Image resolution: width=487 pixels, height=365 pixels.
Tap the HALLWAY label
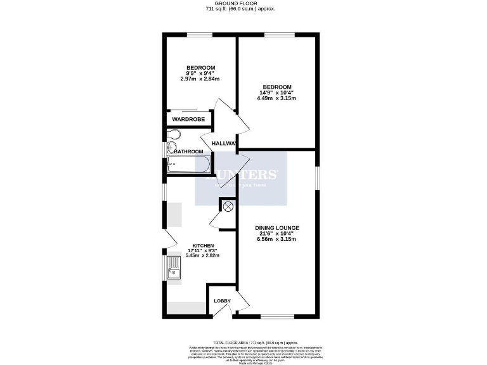(224, 143)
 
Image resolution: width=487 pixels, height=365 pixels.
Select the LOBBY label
(222, 300)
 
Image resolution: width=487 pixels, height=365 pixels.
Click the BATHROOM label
(188, 151)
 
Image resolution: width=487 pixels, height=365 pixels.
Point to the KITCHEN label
(203, 245)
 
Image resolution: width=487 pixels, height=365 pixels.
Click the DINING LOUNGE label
(277, 227)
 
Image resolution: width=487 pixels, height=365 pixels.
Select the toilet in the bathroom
(174, 134)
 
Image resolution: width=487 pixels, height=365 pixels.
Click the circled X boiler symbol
(228, 206)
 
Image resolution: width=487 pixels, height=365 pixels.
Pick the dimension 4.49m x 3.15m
(276, 98)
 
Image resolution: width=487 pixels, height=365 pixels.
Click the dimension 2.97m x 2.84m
(200, 79)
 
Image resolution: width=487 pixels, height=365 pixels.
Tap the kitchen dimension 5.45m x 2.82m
(202, 255)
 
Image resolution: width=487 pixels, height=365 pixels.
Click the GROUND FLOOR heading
(243, 3)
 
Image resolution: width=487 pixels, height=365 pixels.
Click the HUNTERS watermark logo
(241, 176)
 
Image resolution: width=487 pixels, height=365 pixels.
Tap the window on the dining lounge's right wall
(318, 177)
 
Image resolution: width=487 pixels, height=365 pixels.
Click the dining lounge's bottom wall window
(278, 316)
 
